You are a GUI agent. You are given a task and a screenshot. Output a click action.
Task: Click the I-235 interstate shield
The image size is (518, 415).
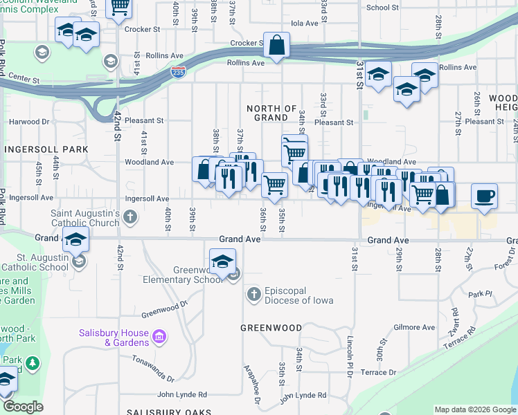(x=179, y=72)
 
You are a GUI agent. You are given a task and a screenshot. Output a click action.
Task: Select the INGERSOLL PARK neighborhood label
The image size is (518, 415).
(x=46, y=149)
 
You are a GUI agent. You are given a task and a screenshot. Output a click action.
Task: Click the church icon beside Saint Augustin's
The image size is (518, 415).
(x=129, y=218)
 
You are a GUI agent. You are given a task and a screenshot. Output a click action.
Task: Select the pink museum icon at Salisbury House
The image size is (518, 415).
(x=159, y=337)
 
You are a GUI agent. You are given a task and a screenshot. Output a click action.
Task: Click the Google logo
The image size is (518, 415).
(x=23, y=407)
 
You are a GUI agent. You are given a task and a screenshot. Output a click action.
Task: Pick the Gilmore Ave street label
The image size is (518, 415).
(x=413, y=327)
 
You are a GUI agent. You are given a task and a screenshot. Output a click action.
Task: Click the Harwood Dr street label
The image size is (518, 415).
(x=28, y=121)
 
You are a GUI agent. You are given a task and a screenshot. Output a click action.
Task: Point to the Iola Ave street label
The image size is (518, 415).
(x=304, y=23)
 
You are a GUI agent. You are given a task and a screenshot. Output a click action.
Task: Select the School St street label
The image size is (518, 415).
(x=383, y=8)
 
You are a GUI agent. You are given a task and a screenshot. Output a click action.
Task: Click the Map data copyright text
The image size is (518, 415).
(x=475, y=409)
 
